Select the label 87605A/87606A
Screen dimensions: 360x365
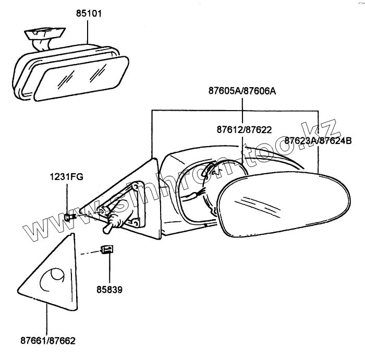(242, 91)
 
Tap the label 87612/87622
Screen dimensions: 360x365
(244, 129)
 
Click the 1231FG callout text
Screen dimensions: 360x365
(67, 177)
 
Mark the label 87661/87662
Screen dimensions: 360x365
(48, 341)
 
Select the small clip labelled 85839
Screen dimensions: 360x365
(107, 249)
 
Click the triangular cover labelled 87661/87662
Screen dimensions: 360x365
(50, 277)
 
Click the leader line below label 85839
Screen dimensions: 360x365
(109, 269)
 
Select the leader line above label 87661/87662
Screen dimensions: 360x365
(47, 321)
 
